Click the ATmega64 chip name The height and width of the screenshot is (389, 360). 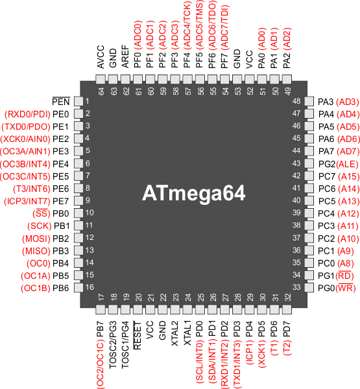[194, 193]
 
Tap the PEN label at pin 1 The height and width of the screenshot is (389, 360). [61, 102]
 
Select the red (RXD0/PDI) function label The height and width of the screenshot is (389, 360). [27, 114]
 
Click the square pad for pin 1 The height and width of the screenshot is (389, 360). [78, 102]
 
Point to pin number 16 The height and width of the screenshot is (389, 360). [90, 287]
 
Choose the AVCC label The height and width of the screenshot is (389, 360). [101, 57]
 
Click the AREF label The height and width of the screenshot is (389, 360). [125, 56]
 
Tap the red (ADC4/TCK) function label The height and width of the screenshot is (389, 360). [187, 25]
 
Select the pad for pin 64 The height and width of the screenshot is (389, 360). [101, 80]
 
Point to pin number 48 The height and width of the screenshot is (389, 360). [296, 101]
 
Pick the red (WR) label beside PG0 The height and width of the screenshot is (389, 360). [346, 288]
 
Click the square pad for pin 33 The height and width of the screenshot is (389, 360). [309, 288]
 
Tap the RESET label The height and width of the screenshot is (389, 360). [138, 335]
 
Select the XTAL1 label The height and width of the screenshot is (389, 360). [187, 333]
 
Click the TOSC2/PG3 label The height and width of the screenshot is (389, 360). [113, 345]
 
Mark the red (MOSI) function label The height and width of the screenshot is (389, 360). [36, 239]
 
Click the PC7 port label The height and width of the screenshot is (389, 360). [327, 176]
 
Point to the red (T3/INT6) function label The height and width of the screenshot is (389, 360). [32, 189]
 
